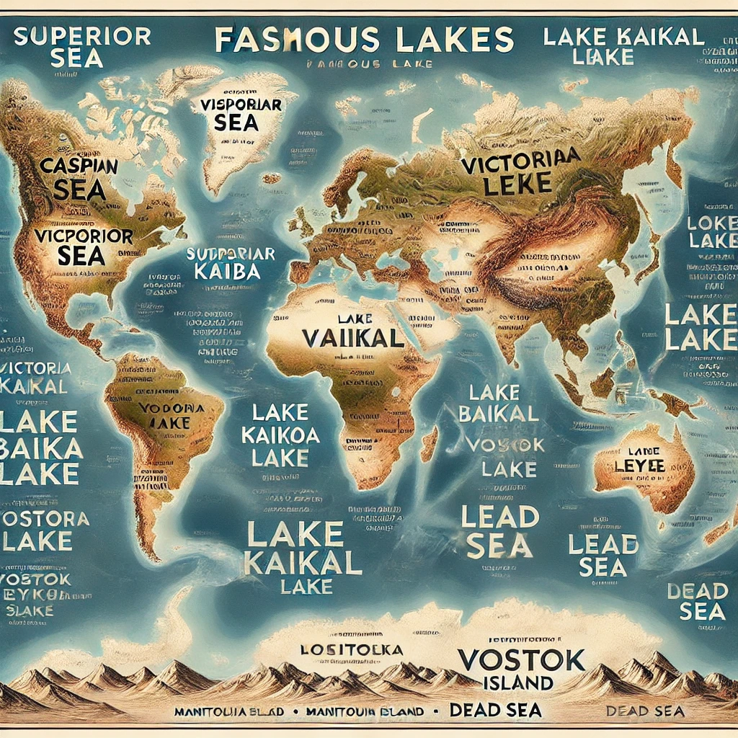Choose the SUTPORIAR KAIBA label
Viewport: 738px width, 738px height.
230,263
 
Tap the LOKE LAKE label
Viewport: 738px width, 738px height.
711,231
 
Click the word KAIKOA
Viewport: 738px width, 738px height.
281,435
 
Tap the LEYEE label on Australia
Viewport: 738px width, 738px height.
639,465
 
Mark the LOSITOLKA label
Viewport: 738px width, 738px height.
351,649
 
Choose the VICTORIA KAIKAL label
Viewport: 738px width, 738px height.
36,377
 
